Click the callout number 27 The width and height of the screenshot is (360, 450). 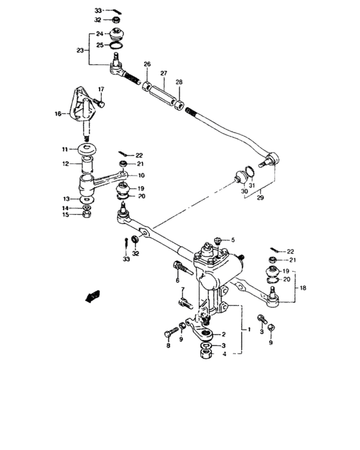pyautogui.click(x=163, y=74)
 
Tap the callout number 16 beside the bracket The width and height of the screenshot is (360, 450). pyautogui.click(x=58, y=113)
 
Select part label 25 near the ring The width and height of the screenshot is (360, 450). pyautogui.click(x=100, y=45)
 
